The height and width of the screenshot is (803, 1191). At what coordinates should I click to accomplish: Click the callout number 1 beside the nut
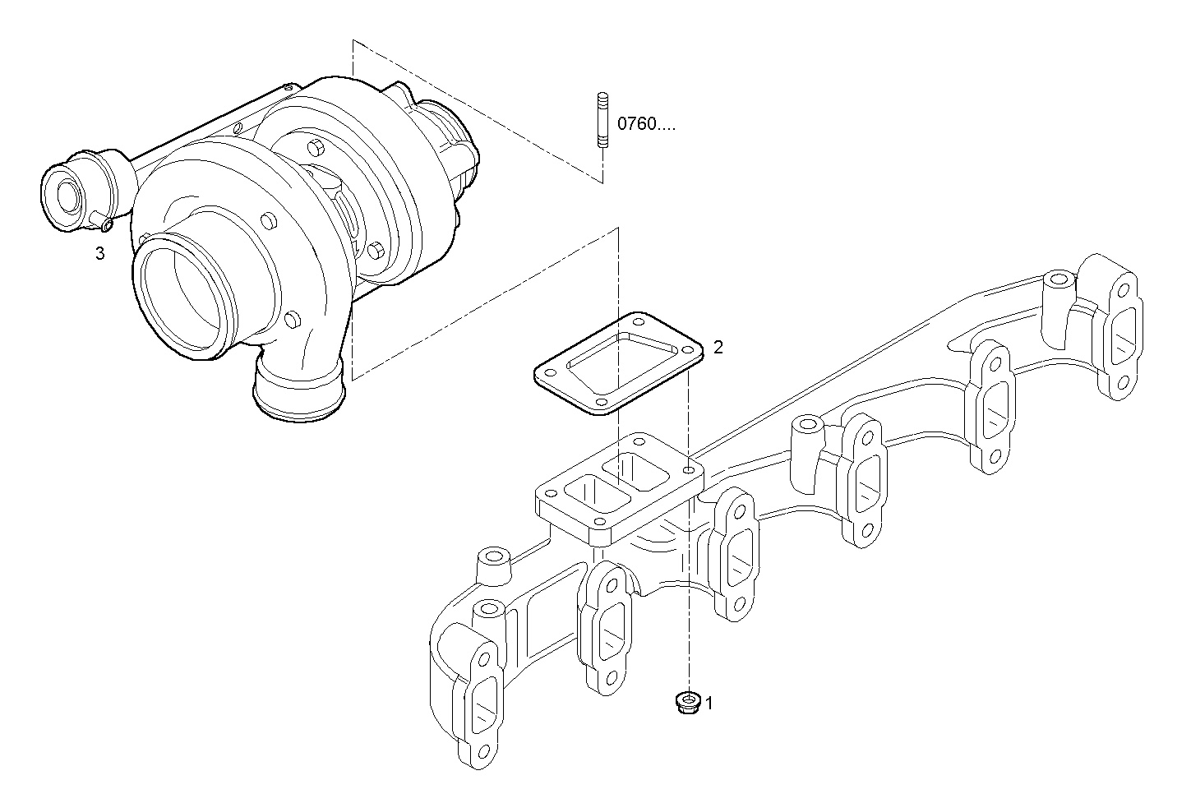coord(709,704)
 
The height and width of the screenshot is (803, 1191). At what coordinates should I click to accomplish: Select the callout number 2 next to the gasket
coord(718,347)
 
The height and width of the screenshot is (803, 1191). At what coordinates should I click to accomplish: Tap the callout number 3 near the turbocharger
coord(100,254)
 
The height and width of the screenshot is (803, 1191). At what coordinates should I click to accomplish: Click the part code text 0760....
coord(646,125)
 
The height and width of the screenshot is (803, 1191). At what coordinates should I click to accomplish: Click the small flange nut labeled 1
coord(685,704)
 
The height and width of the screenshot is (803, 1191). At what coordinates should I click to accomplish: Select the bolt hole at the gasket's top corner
coord(637,320)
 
